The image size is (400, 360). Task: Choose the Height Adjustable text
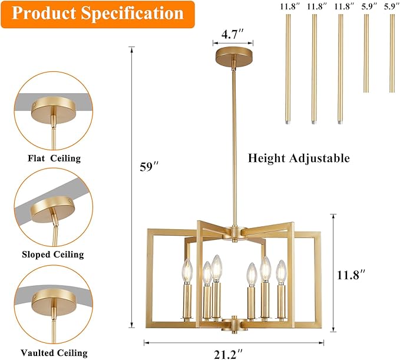(x=299, y=158)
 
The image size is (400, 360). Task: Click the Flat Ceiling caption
(x=54, y=158)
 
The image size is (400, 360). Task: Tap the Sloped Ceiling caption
(x=54, y=255)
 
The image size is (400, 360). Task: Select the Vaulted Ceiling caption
(x=54, y=353)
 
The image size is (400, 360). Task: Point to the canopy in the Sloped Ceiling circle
(x=52, y=207)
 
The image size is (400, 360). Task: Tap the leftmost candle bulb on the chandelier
(x=187, y=270)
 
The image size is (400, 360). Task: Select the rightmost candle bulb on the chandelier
(x=280, y=270)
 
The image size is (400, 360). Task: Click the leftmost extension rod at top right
(x=289, y=68)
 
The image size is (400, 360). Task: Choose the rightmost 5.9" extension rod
(x=392, y=53)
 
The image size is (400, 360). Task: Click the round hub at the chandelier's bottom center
(x=234, y=323)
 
